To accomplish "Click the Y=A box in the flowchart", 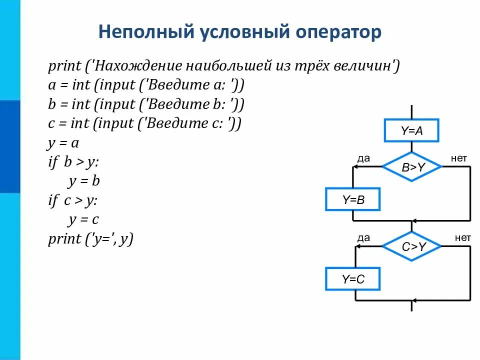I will tap(411, 131).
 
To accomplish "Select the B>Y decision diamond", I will tap(412, 167).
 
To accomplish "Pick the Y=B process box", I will tap(353, 200).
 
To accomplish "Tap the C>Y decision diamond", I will tap(412, 246).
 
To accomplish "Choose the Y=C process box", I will tap(353, 279).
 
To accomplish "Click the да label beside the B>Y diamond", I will tap(363, 158).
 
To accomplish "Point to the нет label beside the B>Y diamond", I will tap(458, 158).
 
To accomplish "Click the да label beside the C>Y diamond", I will tap(363, 238).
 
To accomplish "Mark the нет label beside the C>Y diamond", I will tap(462, 238).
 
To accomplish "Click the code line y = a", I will tap(63, 143).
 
